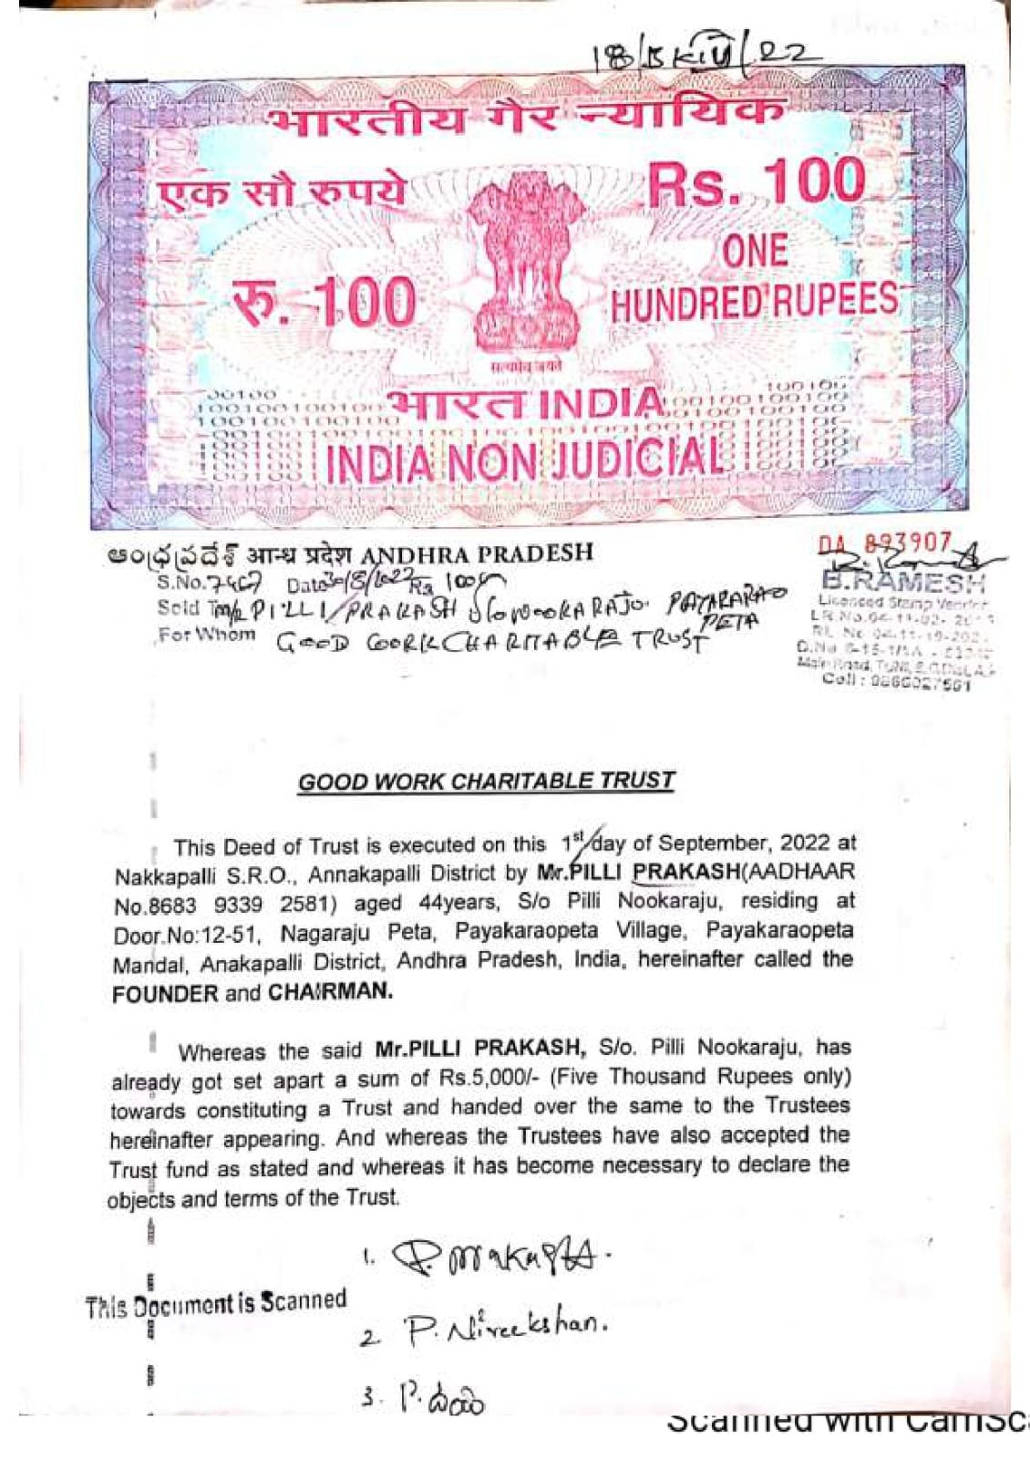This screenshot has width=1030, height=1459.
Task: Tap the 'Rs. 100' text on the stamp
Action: point(756,182)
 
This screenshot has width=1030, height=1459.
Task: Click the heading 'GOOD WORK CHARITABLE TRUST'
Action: point(486,781)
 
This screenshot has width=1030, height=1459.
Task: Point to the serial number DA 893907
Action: point(885,544)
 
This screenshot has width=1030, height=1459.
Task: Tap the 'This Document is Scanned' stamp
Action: point(216,1303)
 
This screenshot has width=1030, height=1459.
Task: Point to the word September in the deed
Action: point(724,843)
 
